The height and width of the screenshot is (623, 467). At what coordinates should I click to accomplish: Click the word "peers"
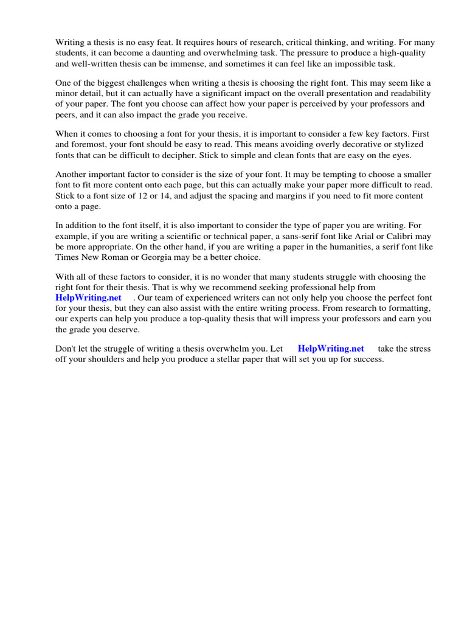pos(66,115)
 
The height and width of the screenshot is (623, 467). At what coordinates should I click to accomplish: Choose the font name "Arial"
pos(356,236)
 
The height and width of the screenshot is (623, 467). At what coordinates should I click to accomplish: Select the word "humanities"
pos(325,247)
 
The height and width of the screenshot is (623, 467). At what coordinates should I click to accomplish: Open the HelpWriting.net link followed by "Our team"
pos(88,298)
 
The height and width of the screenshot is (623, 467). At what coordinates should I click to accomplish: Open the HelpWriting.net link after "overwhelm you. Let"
pos(331,349)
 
